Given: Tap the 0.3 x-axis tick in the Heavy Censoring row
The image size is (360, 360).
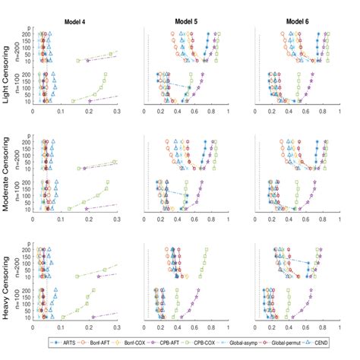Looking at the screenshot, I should coord(116,327).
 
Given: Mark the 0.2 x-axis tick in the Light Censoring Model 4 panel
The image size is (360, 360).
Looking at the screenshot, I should coord(89,111).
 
